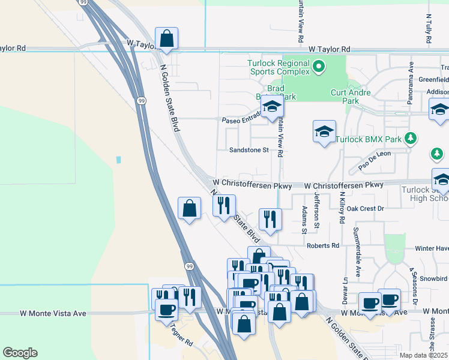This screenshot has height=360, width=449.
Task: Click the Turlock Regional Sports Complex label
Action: (x=279, y=67)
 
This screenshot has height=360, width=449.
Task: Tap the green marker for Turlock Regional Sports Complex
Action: (x=319, y=67)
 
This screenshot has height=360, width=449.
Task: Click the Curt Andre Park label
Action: (x=351, y=97)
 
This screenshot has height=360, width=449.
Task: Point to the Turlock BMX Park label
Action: (x=368, y=139)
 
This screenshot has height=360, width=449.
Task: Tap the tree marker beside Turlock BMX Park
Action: (x=411, y=139)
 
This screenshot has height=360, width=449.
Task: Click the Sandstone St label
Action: (x=249, y=150)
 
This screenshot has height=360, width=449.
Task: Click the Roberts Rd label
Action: (x=323, y=245)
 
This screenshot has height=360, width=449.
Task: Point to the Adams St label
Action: (x=305, y=220)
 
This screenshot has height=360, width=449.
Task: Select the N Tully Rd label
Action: (x=429, y=30)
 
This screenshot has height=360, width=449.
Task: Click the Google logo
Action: (x=20, y=353)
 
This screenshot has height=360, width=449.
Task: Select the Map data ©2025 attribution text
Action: (x=424, y=355)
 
